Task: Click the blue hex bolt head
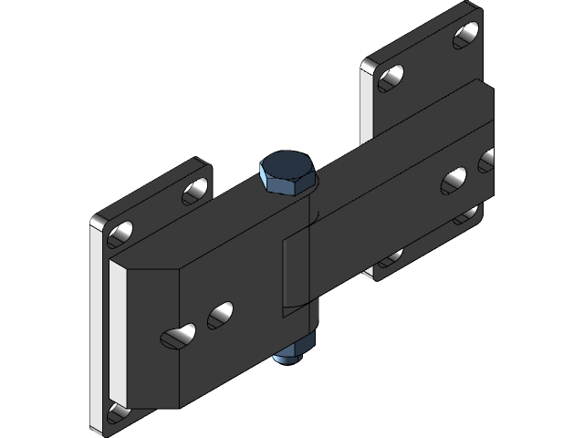tap(288, 172)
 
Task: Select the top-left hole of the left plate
tap(121, 234)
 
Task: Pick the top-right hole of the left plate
tap(194, 191)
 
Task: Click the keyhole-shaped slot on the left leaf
tap(179, 336)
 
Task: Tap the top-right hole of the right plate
tap(467, 35)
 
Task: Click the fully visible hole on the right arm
tap(454, 179)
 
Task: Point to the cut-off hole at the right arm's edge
tap(487, 161)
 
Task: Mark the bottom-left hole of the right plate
tap(389, 256)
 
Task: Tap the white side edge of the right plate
tap(367, 100)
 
